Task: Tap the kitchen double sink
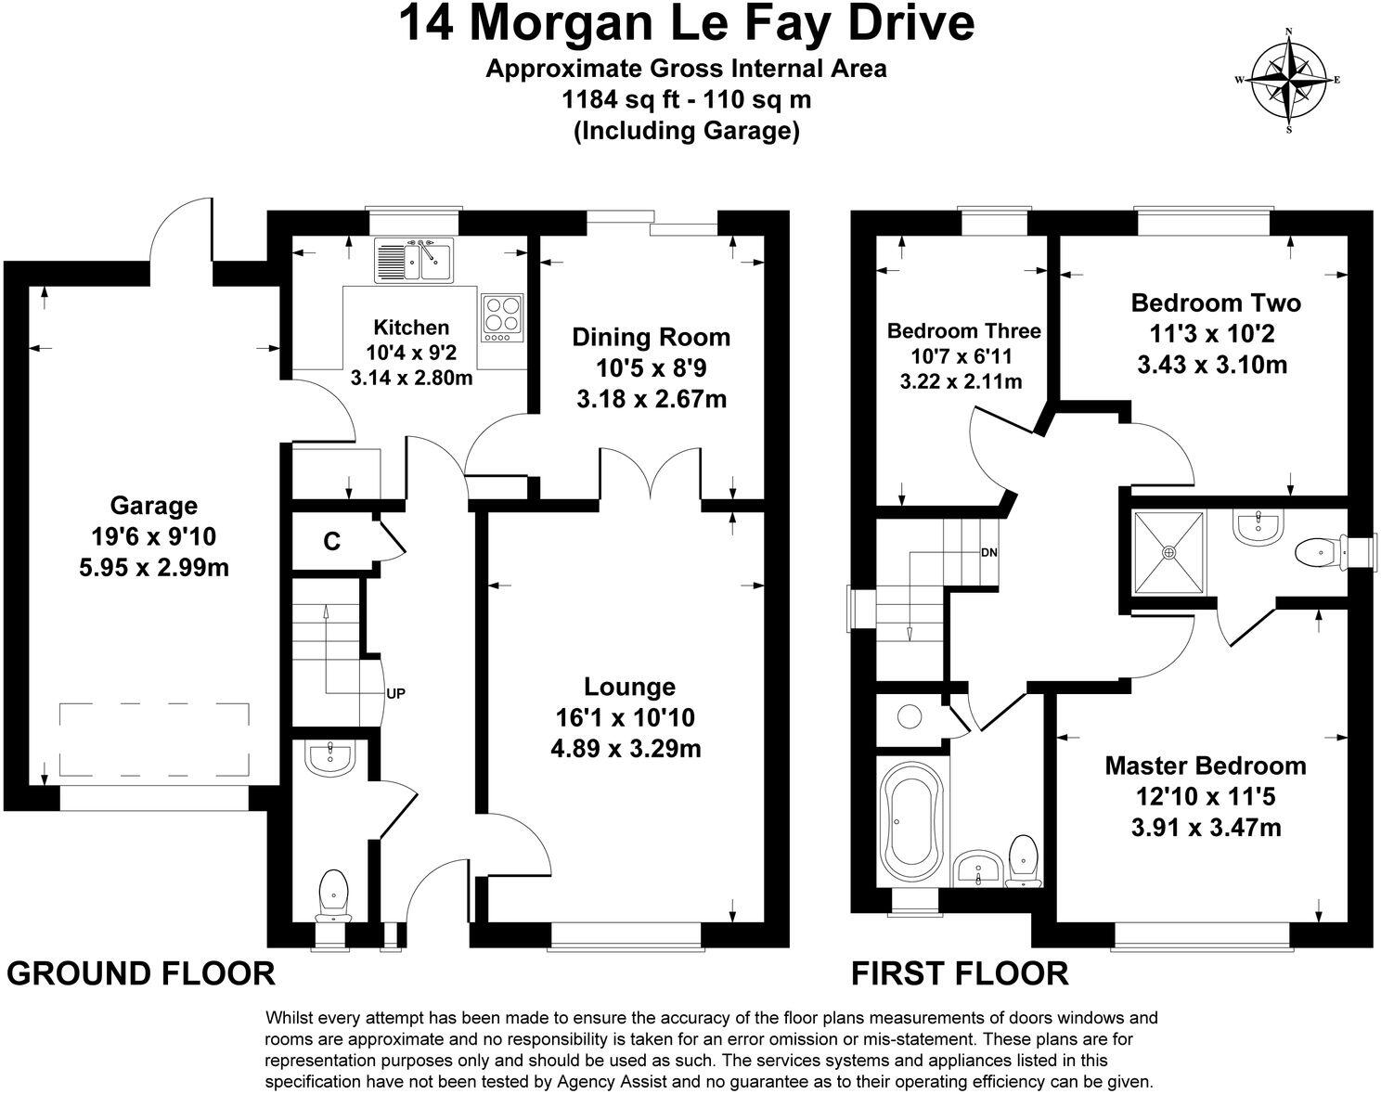point(413,260)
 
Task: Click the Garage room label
point(154,506)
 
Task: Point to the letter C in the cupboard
point(331,541)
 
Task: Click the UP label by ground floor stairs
point(395,692)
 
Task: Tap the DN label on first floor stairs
point(989,552)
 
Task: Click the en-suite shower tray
point(1168,552)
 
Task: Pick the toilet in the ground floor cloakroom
point(332,894)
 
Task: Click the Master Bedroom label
point(1205,766)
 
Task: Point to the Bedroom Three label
point(963,331)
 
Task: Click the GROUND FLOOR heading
point(141,973)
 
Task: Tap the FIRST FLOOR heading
point(960,973)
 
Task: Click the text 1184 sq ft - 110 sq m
point(687,99)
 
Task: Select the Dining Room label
point(651,337)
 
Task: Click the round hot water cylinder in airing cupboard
point(909,715)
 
